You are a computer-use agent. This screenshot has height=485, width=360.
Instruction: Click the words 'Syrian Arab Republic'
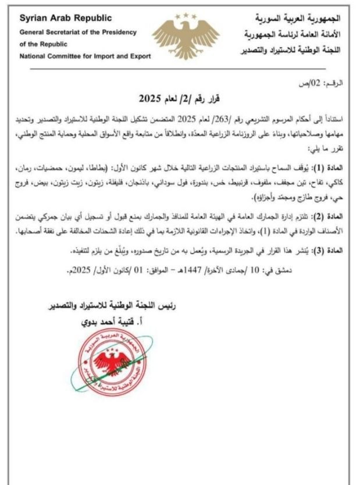pyautogui.click(x=52, y=17)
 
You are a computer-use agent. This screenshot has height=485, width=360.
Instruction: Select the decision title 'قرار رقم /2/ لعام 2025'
pyautogui.click(x=180, y=97)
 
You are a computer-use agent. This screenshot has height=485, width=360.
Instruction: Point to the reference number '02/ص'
pyautogui.click(x=318, y=84)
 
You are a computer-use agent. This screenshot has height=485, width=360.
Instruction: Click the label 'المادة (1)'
pyautogui.click(x=331, y=167)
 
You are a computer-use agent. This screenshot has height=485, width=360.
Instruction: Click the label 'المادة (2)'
pyautogui.click(x=331, y=216)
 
